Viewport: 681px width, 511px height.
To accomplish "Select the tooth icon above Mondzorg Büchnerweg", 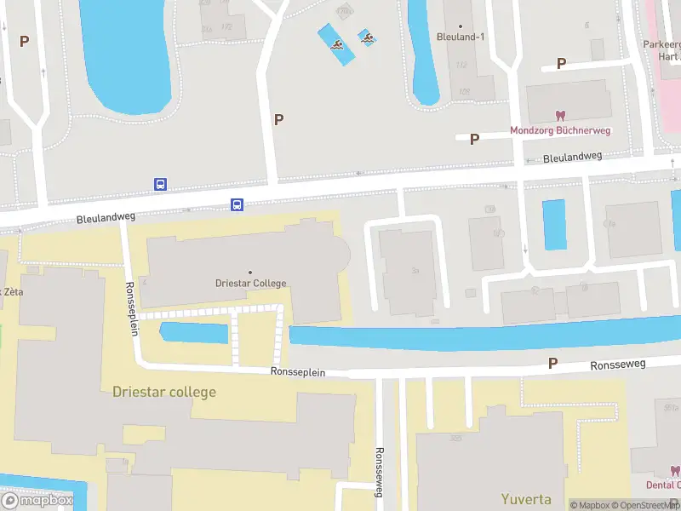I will pyautogui.click(x=560, y=115).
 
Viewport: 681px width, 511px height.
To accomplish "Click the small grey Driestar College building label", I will pyautogui.click(x=250, y=283).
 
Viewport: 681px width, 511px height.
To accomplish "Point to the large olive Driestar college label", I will pyautogui.click(x=164, y=392).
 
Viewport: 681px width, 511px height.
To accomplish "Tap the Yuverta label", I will pyautogui.click(x=526, y=499).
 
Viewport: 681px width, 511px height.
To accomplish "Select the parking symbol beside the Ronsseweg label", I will pyautogui.click(x=552, y=364).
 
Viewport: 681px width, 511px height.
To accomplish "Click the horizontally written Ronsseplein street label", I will pyautogui.click(x=298, y=372).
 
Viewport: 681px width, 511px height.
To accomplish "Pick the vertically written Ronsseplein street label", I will pyautogui.click(x=132, y=307).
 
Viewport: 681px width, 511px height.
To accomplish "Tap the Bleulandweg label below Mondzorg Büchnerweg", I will pyautogui.click(x=572, y=157).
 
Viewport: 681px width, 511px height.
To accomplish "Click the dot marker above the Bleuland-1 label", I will pyautogui.click(x=461, y=26).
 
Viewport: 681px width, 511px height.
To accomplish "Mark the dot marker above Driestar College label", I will pyautogui.click(x=250, y=272).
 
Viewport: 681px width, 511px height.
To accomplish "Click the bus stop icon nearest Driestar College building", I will pyautogui.click(x=237, y=204).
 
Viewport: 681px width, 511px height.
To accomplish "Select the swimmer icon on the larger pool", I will pyautogui.click(x=338, y=46).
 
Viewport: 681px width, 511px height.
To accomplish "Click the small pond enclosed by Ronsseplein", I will pyautogui.click(x=194, y=332).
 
